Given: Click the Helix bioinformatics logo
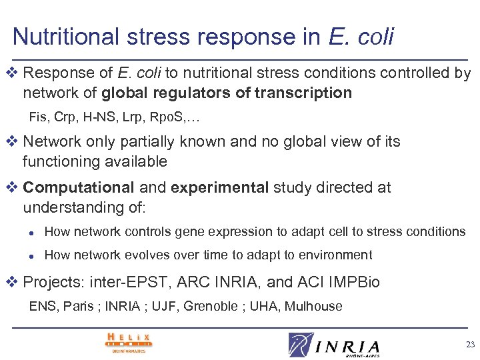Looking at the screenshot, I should pos(129,343).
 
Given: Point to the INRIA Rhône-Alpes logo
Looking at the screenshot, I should pos(335,345).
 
